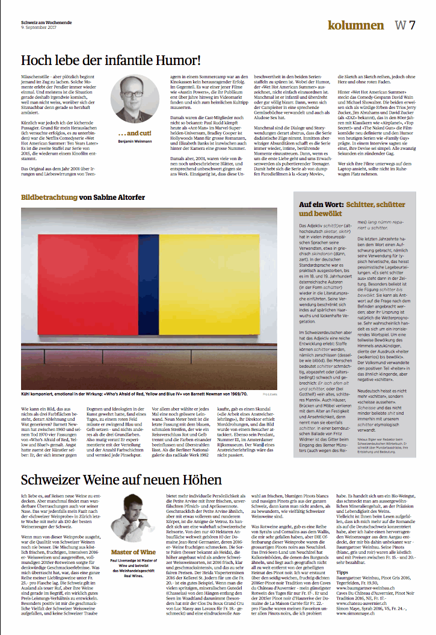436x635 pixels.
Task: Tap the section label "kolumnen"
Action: click(355, 25)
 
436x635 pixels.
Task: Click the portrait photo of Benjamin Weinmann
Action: click(134, 99)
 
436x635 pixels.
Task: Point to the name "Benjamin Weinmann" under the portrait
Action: click(134, 141)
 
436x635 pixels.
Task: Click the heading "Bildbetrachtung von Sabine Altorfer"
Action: click(83, 197)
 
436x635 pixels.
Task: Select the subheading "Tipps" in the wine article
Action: click(343, 572)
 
